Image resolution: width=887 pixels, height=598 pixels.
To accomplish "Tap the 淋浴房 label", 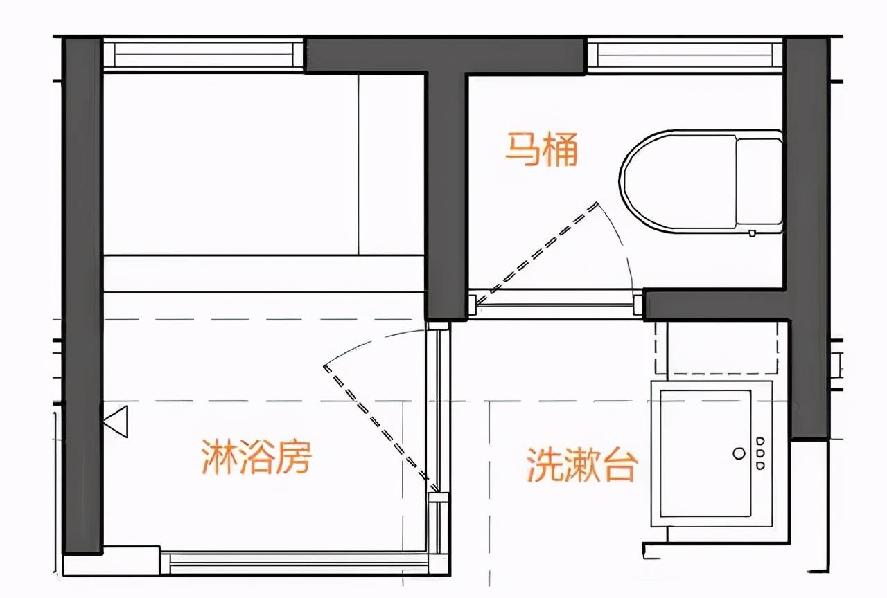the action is pyautogui.click(x=256, y=457).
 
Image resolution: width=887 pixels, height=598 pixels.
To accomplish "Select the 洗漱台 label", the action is pyautogui.click(x=582, y=464).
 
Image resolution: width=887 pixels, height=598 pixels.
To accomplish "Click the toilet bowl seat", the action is pyautogui.click(x=678, y=181).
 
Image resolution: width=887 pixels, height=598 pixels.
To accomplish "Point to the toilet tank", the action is pyautogui.click(x=759, y=182).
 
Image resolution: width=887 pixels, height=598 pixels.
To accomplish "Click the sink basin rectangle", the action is pyautogui.click(x=705, y=453).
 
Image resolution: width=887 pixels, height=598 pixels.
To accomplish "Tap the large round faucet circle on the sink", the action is pyautogui.click(x=739, y=453).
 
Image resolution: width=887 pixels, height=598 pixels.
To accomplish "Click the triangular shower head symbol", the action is pyautogui.click(x=116, y=422).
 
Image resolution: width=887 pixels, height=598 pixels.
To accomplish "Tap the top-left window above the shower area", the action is pyautogui.click(x=204, y=55).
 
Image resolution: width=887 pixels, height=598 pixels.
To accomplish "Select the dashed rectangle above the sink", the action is pyautogui.click(x=717, y=348).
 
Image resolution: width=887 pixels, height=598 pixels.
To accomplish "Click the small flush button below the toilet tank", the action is pyautogui.click(x=752, y=233).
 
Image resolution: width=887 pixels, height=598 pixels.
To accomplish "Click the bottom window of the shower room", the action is pyautogui.click(x=295, y=564).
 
